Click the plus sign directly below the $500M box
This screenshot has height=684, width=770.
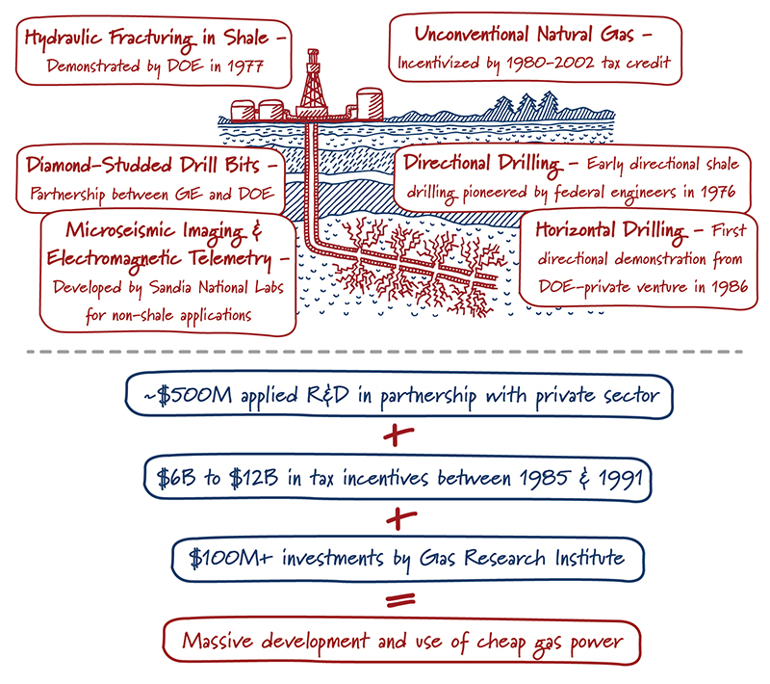393,435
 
